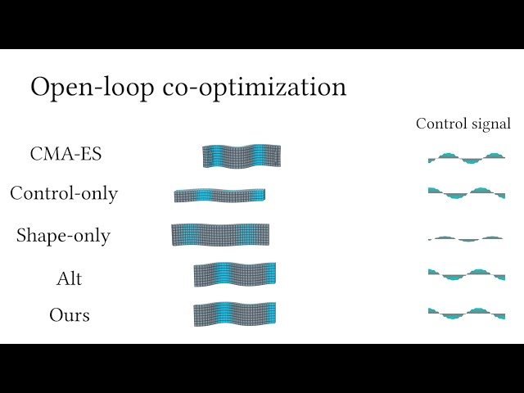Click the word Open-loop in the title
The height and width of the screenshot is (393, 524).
click(x=93, y=88)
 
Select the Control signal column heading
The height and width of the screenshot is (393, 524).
click(x=463, y=124)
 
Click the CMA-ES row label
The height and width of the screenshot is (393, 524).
click(x=65, y=154)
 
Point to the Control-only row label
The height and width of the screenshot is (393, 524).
click(x=64, y=193)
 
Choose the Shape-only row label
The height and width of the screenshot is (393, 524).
click(x=63, y=235)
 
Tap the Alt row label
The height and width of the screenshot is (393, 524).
click(x=69, y=278)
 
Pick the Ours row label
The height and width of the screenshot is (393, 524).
click(x=70, y=314)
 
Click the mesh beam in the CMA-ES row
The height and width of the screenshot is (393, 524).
click(x=242, y=156)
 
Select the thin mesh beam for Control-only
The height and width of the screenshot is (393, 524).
click(x=219, y=196)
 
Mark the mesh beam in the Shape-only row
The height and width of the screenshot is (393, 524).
click(x=220, y=235)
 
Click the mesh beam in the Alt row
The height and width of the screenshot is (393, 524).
click(x=235, y=274)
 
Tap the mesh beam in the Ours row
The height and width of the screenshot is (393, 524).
click(x=235, y=314)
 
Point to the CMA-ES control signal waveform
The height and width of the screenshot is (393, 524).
click(x=467, y=158)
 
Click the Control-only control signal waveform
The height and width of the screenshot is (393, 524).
click(x=467, y=193)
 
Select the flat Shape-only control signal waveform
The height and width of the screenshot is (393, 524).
click(x=466, y=239)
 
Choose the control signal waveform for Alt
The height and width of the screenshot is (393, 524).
click(x=467, y=274)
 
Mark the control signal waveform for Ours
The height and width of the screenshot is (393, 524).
click(x=467, y=314)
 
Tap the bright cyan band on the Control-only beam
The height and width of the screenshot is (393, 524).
click(x=204, y=196)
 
